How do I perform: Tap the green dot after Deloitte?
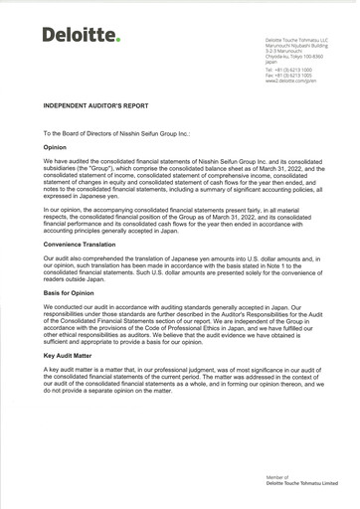(118, 40)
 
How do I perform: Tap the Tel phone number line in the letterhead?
(288, 70)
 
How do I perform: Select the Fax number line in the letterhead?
(288, 75)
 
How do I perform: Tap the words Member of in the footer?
(277, 477)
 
